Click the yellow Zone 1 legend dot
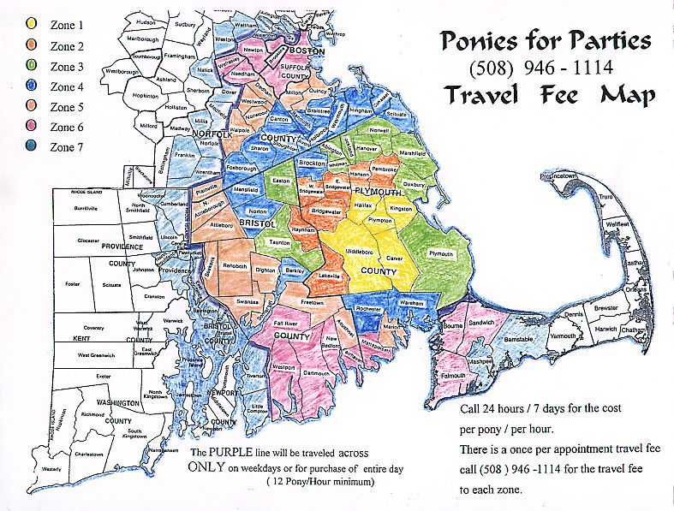pos(32,25)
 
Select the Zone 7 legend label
pos(68,147)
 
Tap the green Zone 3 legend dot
pos(32,66)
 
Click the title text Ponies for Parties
pos(545,40)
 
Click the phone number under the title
pos(548,67)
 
